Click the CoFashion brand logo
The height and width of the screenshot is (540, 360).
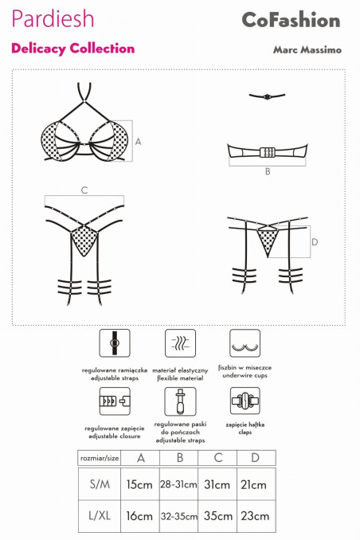pyautogui.click(x=291, y=20)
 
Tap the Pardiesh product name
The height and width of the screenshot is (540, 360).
pyautogui.click(x=53, y=18)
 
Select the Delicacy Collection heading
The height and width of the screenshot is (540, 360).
pyautogui.click(x=72, y=49)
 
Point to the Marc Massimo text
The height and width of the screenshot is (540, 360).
pyautogui.click(x=307, y=49)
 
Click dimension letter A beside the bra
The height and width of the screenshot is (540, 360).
pyautogui.click(x=138, y=142)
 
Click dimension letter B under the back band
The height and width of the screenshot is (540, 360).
pyautogui.click(x=268, y=171)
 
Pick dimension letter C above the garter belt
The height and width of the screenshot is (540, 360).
pyautogui.click(x=84, y=190)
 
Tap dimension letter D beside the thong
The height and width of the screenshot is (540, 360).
pyautogui.click(x=315, y=242)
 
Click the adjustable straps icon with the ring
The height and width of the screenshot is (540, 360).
pyautogui.click(x=115, y=343)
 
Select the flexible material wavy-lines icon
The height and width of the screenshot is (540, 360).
pyautogui.click(x=180, y=343)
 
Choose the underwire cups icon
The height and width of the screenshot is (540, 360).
pyautogui.click(x=245, y=343)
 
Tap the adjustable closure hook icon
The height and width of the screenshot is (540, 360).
pyautogui.click(x=115, y=401)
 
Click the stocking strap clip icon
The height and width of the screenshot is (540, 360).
pyautogui.click(x=180, y=401)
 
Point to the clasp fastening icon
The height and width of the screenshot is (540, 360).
pyautogui.click(x=245, y=401)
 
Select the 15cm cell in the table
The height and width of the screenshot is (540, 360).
pyautogui.click(x=139, y=484)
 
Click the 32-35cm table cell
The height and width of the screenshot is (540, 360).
pyautogui.click(x=178, y=516)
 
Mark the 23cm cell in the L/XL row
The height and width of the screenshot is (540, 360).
pyautogui.click(x=256, y=516)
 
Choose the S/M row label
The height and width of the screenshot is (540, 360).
pyautogui.click(x=100, y=484)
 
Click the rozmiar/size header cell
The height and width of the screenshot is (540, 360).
pyautogui.click(x=100, y=459)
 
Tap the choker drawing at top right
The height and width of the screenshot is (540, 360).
pyautogui.click(x=267, y=96)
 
